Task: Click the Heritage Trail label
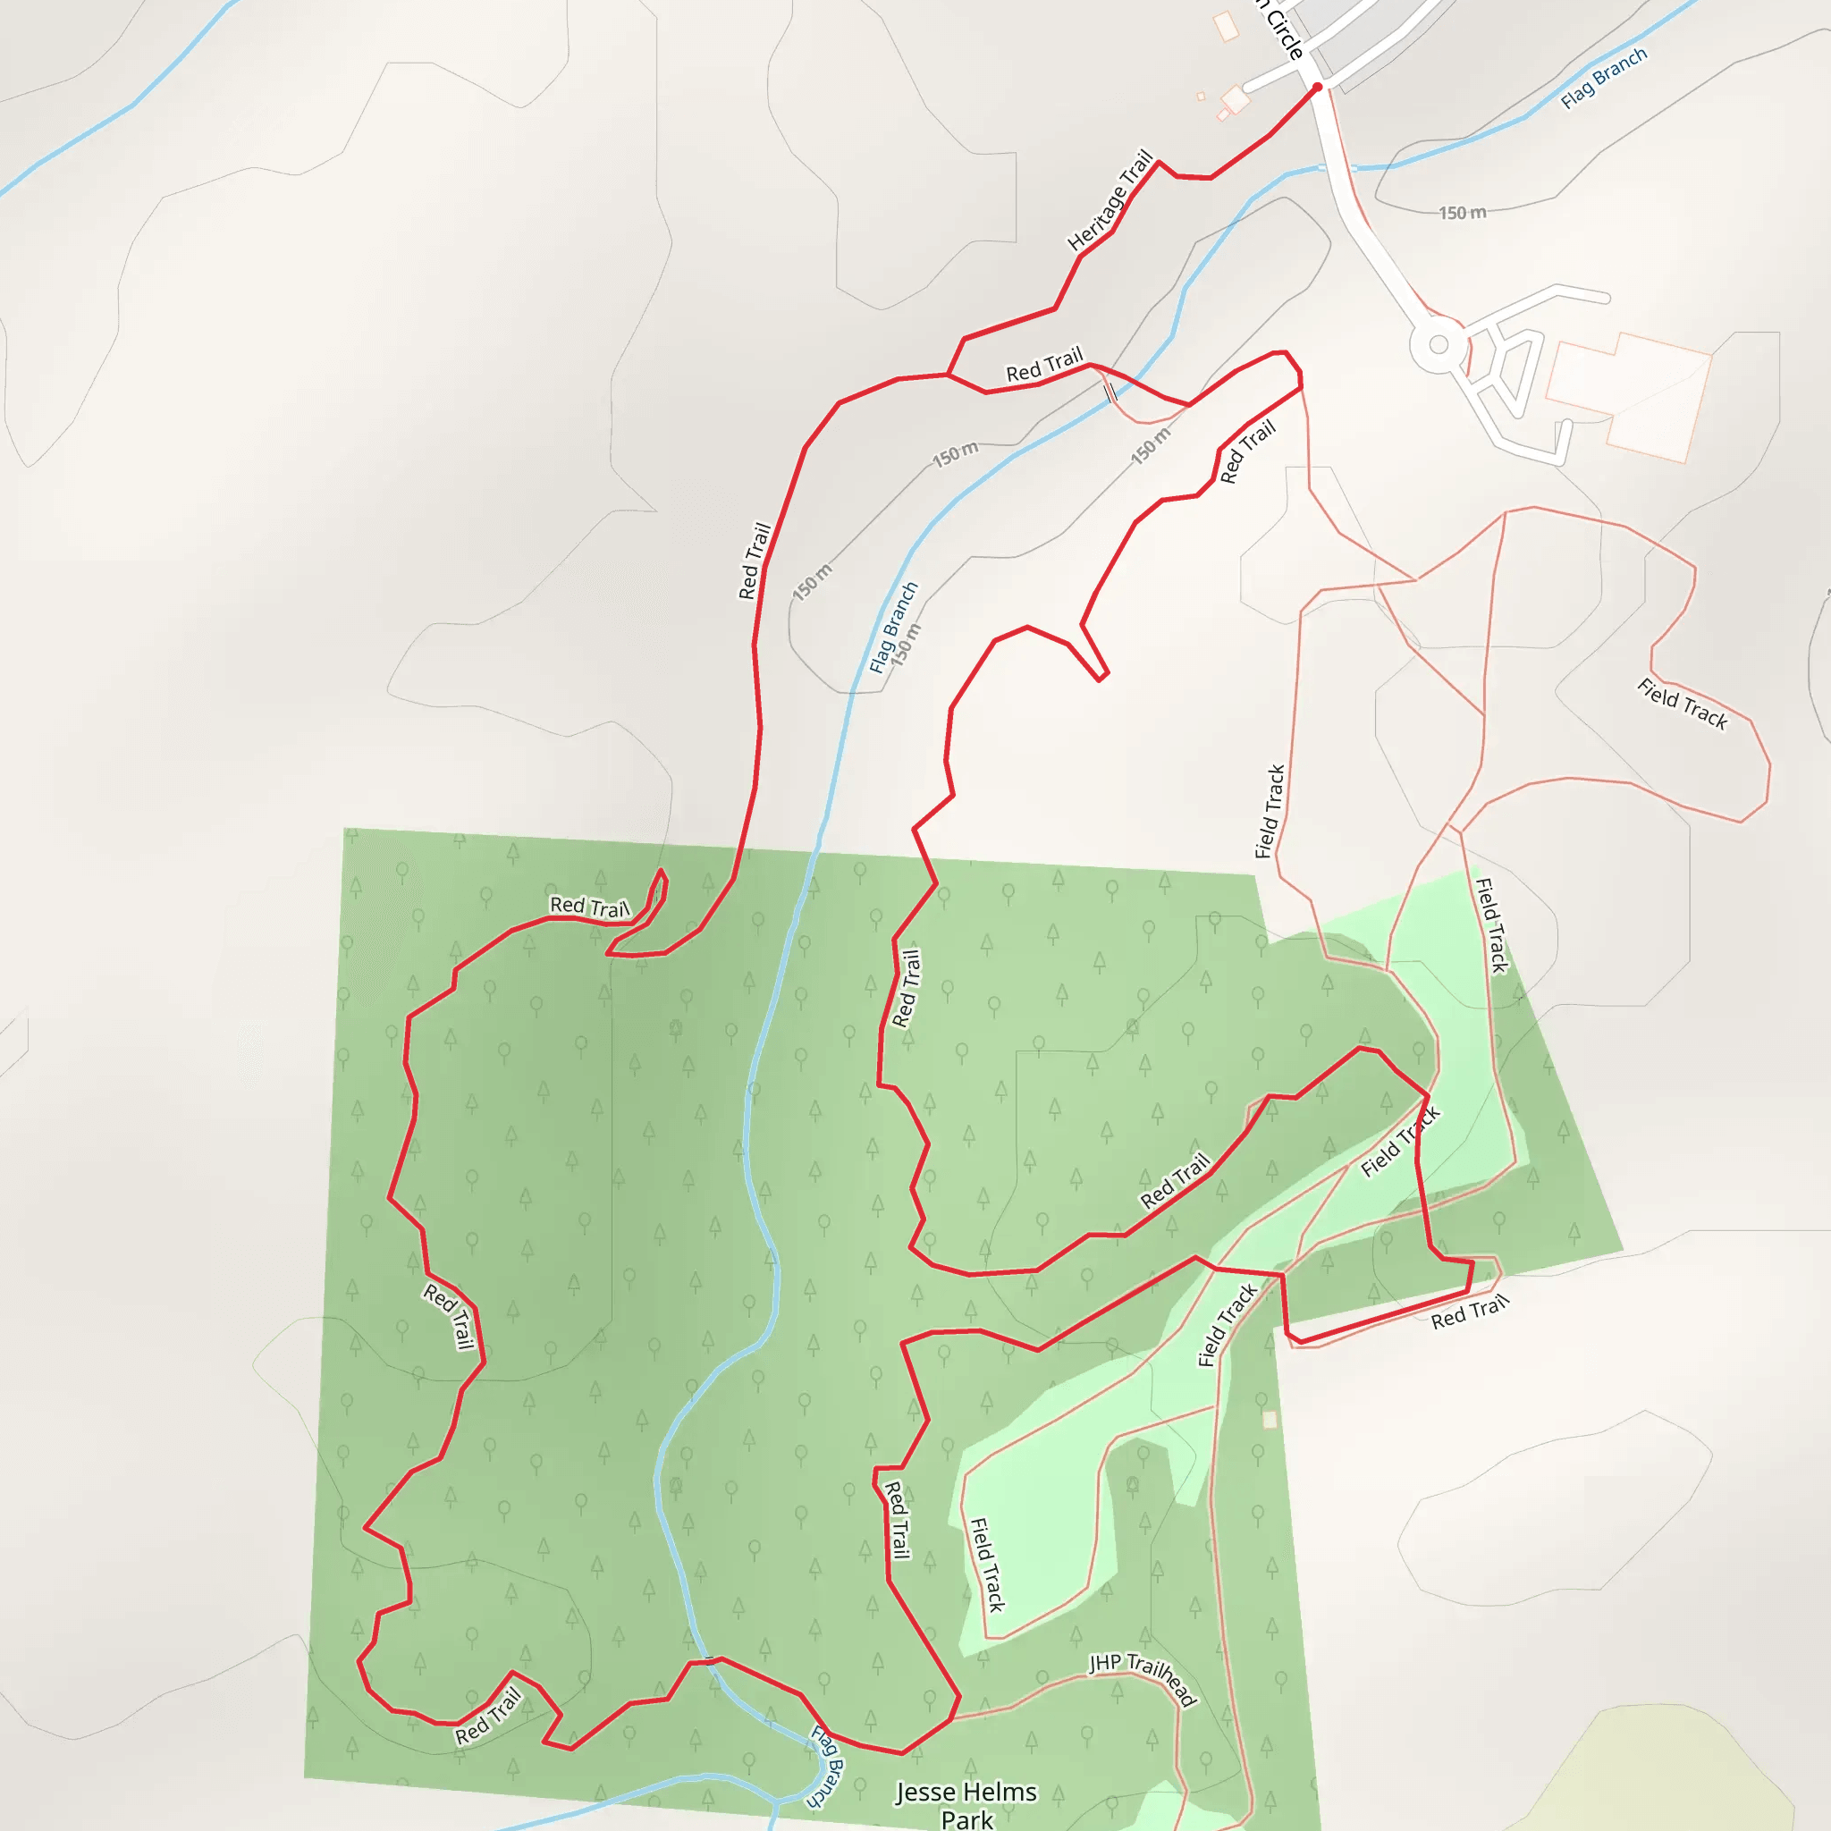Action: coord(1110,201)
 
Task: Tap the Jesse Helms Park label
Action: coord(966,1804)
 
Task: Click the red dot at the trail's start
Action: coord(1317,88)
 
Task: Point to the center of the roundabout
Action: coord(1438,344)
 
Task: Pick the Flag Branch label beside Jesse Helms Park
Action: coord(826,1768)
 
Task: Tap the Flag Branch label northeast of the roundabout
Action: coord(1604,78)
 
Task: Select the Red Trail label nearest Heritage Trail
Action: coord(1043,365)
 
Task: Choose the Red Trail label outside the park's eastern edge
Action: coord(1469,1312)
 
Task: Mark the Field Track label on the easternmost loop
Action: coord(1683,705)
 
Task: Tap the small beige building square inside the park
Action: coord(1270,1419)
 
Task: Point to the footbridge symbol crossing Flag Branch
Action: coord(1109,392)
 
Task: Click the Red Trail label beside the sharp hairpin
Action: coord(588,906)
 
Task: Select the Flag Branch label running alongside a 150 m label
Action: coord(893,628)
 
